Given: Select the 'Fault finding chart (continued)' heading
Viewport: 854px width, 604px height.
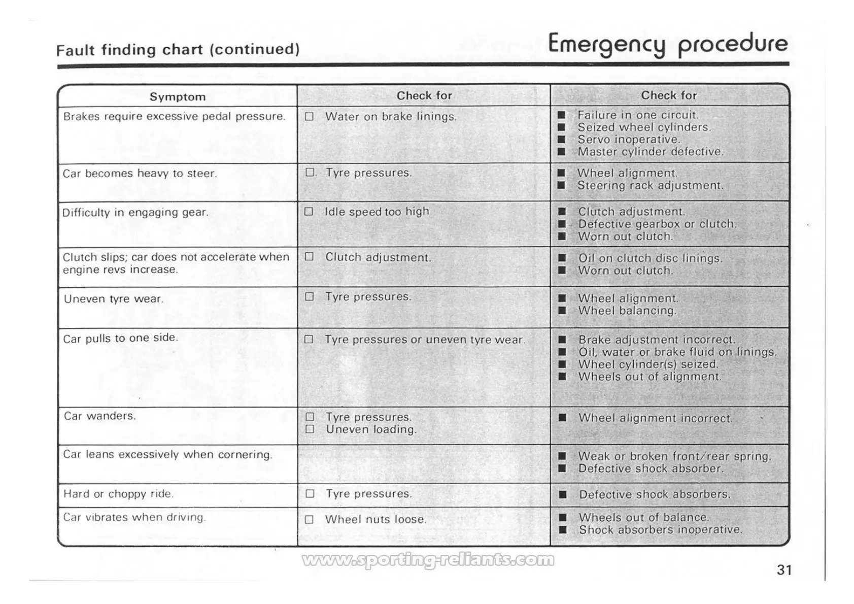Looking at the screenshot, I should tap(178, 50).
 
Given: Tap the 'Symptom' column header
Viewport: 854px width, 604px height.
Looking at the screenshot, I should tap(178, 97).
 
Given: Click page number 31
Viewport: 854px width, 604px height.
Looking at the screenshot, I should tap(784, 570).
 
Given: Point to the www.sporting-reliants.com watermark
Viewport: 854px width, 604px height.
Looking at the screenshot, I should tap(428, 560).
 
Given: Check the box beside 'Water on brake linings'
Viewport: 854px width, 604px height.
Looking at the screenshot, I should tap(309, 117).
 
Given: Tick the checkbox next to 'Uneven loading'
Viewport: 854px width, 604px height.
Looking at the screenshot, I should tap(310, 429).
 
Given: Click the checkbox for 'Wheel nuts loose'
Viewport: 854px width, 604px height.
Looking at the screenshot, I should tap(309, 520).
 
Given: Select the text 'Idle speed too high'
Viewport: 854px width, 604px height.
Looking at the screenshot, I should tap(377, 212).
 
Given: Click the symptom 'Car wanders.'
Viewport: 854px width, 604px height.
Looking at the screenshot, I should tap(100, 416).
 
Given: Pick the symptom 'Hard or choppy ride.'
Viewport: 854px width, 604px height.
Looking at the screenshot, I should tap(118, 494).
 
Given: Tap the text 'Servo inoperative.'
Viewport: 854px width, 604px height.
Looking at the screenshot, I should tap(629, 140).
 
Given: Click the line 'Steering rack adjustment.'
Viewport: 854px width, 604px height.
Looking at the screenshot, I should tap(651, 186).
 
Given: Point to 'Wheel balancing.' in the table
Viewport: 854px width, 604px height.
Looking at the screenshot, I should tap(627, 311).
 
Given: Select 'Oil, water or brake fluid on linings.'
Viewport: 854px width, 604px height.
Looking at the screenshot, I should tap(677, 352).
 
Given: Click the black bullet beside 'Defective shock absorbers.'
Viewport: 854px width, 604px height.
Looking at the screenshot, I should tap(562, 494).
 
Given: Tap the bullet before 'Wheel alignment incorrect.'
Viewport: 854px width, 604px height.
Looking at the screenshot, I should tap(562, 418).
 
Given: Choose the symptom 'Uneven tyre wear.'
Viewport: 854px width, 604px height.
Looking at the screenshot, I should tap(114, 299).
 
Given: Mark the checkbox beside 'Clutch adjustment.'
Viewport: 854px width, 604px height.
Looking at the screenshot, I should tap(309, 257).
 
